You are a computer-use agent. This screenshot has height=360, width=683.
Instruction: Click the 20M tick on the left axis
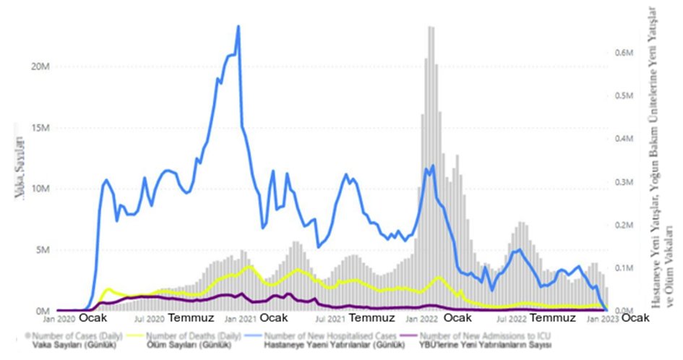pyautogui.click(x=38, y=67)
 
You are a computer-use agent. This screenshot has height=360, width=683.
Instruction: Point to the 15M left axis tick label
pyautogui.click(x=38, y=127)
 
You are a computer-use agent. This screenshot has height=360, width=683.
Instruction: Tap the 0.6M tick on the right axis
pyautogui.click(x=624, y=53)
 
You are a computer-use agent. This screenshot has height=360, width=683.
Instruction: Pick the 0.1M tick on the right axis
pyautogui.click(x=624, y=268)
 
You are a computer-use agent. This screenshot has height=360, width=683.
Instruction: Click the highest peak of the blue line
pyautogui.click(x=238, y=27)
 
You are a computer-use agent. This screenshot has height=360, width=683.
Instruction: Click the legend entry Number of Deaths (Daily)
pyautogui.click(x=194, y=335)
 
